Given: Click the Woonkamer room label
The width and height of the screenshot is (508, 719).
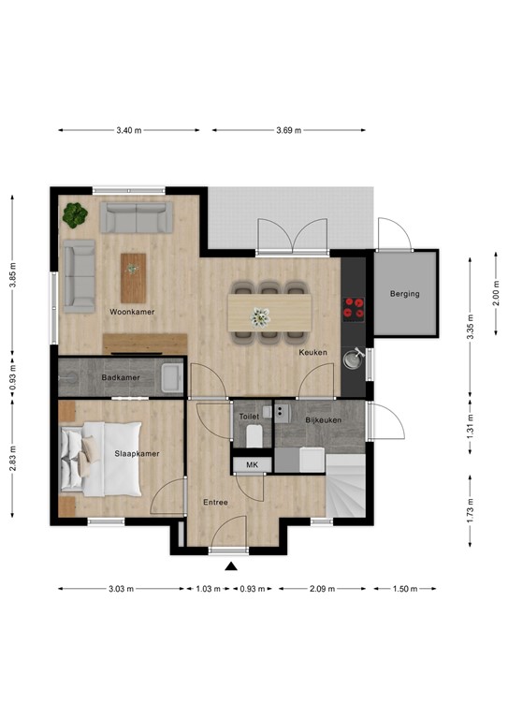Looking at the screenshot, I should pos(132,312).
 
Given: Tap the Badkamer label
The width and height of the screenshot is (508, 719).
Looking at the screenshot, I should pos(120,377).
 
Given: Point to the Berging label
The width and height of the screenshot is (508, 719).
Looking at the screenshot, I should pos(405,294).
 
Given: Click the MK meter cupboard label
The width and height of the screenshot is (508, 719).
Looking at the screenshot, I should pos(252,465).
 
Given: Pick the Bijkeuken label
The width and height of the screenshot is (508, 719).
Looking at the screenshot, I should pos(323,420).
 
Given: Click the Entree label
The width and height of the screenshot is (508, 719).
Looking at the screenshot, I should pos(216,503).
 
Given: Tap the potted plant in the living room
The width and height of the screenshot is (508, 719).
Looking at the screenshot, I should pos(75,215).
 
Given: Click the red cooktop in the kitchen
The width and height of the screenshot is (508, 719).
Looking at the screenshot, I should pos(355,307).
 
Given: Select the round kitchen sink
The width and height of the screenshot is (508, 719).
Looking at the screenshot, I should pos(354,356).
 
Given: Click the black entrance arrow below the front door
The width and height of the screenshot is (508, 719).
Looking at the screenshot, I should pos(230,565).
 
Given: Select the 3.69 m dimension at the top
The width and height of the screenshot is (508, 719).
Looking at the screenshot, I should pos(288,131).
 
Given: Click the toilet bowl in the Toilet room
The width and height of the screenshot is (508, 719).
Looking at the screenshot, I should pos(253,436).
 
